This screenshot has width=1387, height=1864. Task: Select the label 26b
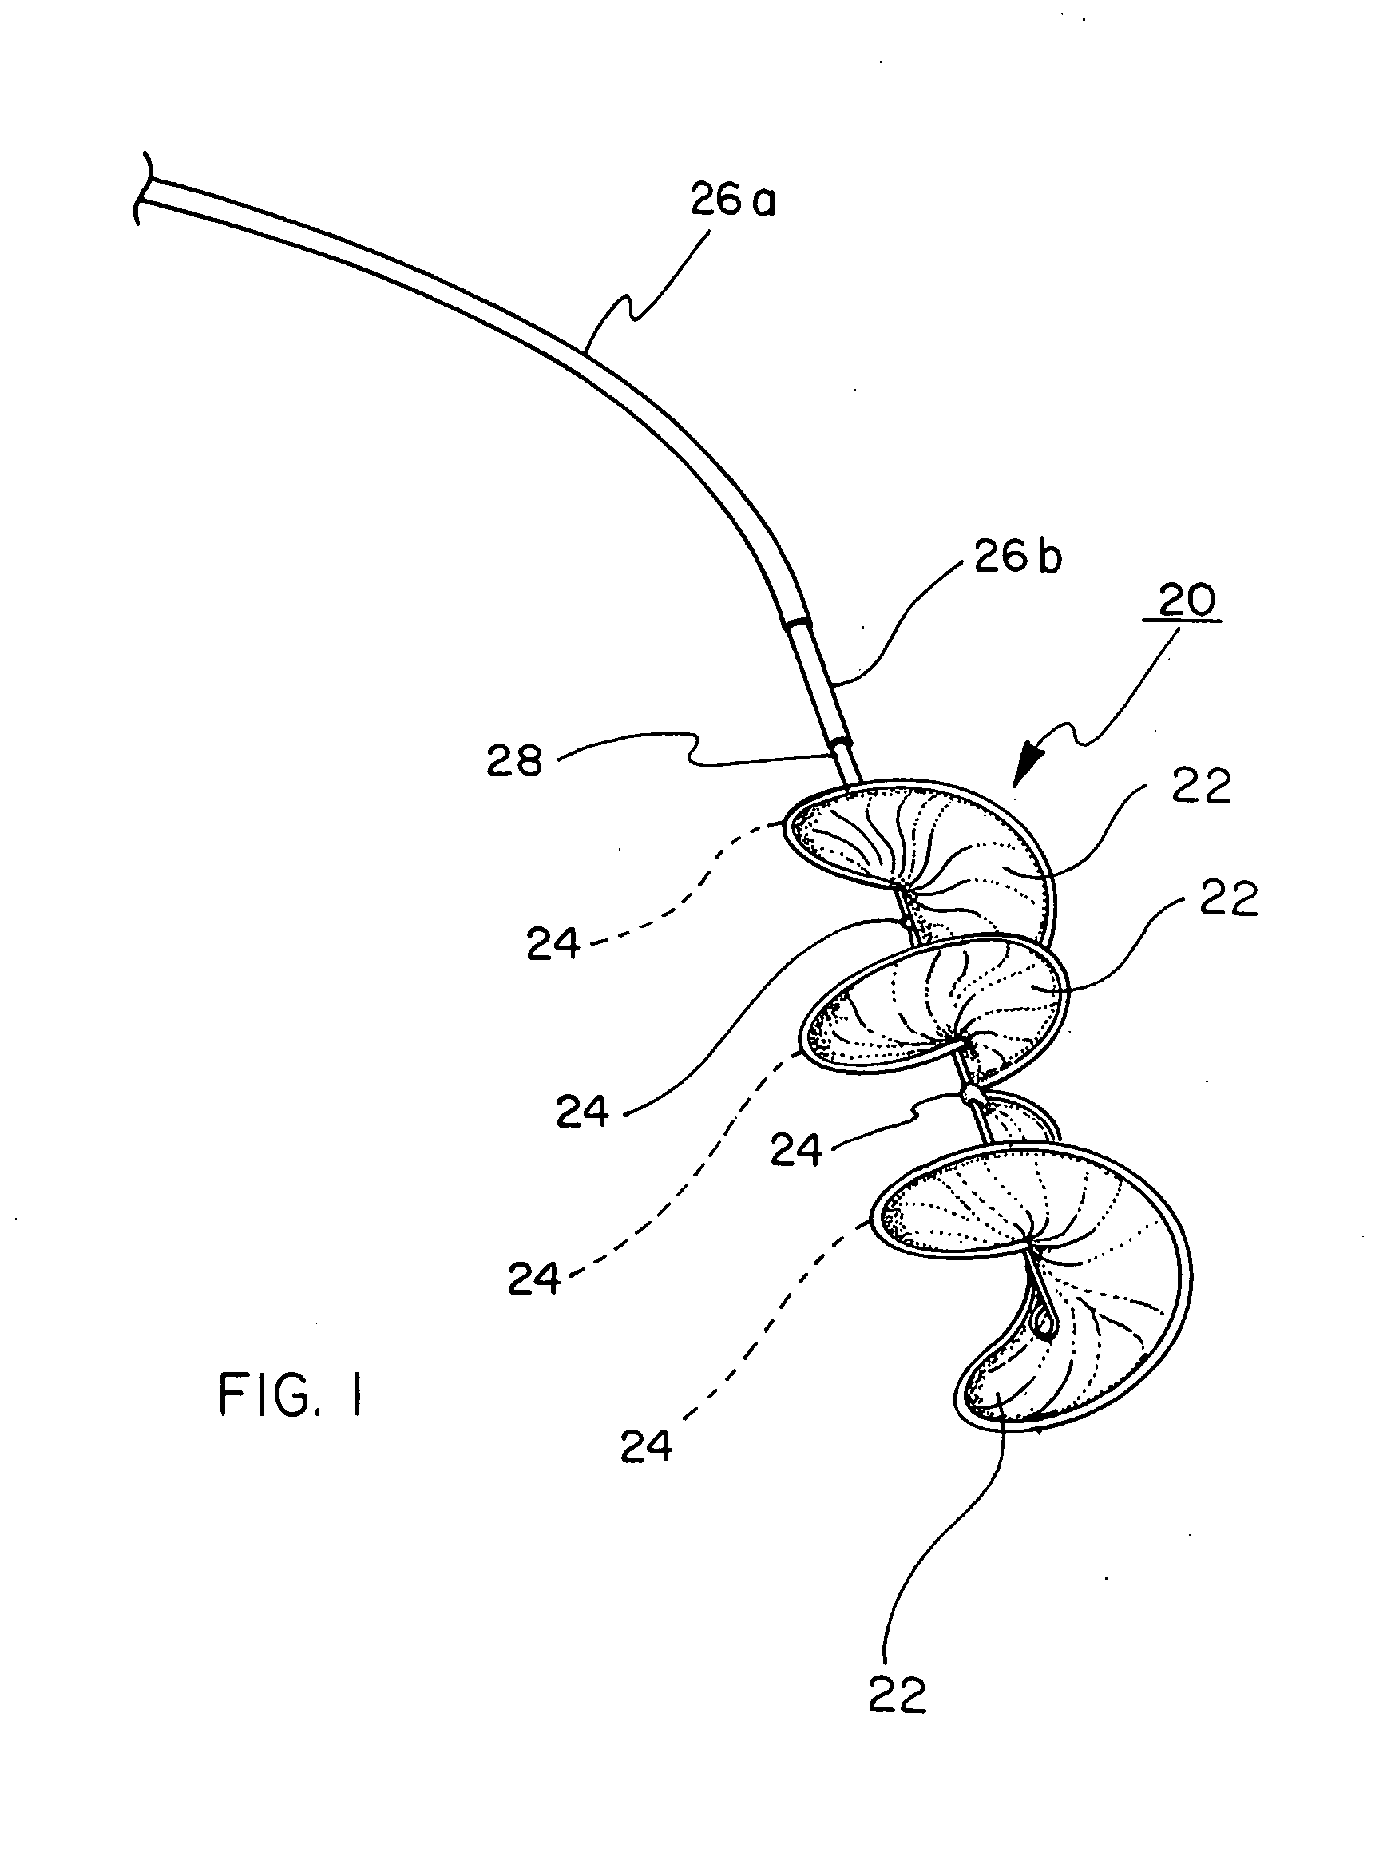(1017, 557)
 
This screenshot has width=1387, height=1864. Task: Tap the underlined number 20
(1187, 601)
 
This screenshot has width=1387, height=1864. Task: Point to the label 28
(513, 762)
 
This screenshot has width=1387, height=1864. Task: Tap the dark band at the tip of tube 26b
(839, 741)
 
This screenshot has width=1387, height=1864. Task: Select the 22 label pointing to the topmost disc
(1202, 787)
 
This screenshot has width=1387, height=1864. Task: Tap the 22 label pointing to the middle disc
(1228, 898)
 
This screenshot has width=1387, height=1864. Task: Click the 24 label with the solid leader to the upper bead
(582, 1112)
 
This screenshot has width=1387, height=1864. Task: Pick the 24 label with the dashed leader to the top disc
(553, 945)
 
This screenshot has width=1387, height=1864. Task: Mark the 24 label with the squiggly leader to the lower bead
(795, 1150)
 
